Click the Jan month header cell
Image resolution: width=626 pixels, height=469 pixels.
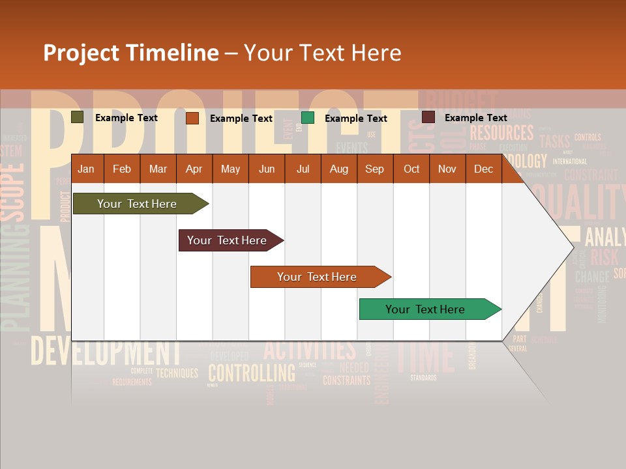(86, 169)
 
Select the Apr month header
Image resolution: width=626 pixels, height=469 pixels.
(194, 169)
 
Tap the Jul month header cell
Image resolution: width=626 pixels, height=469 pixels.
(303, 169)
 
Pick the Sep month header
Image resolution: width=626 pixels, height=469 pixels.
(374, 169)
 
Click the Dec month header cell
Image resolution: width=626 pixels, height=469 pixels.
(483, 169)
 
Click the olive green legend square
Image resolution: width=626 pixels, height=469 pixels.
(78, 117)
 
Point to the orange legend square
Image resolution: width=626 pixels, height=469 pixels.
(192, 118)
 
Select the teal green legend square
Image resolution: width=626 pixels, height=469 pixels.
(308, 118)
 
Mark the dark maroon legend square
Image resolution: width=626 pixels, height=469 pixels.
(428, 117)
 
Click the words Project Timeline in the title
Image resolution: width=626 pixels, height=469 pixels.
(130, 53)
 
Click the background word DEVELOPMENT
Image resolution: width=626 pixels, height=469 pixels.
(104, 352)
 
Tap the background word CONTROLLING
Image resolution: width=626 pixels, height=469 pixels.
(251, 373)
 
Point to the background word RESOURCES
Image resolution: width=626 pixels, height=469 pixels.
(501, 133)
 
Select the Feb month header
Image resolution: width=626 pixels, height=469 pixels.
(122, 169)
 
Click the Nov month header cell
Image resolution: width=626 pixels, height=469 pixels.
(447, 169)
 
